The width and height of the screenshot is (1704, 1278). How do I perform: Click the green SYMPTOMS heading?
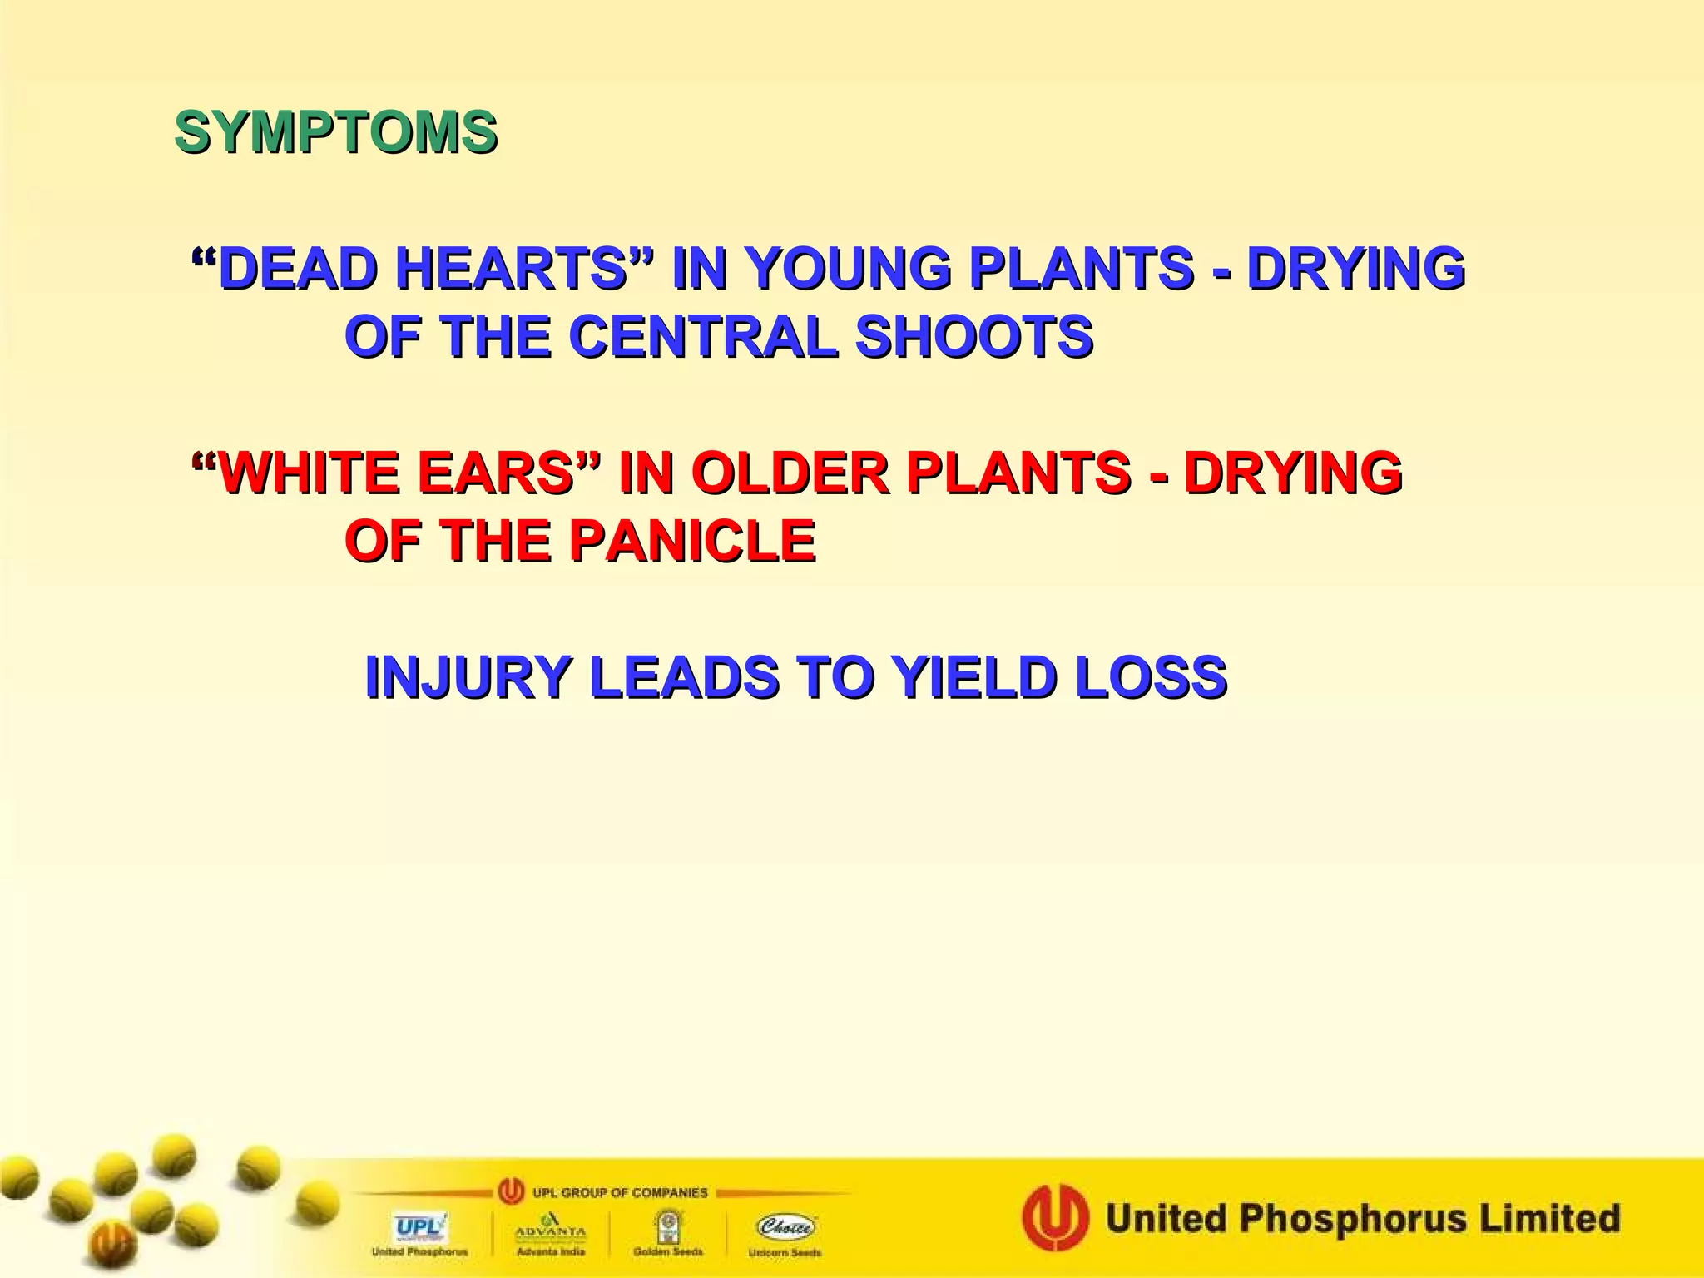point(336,132)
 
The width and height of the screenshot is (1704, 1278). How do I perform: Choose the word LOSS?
point(1151,676)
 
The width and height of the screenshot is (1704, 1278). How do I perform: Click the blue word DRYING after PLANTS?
point(1355,269)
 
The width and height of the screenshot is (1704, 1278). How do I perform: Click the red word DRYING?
point(1293,473)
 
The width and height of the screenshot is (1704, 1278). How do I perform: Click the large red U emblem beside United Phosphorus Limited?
point(1055,1219)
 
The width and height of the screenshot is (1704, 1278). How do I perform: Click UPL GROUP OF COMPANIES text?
point(620,1192)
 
